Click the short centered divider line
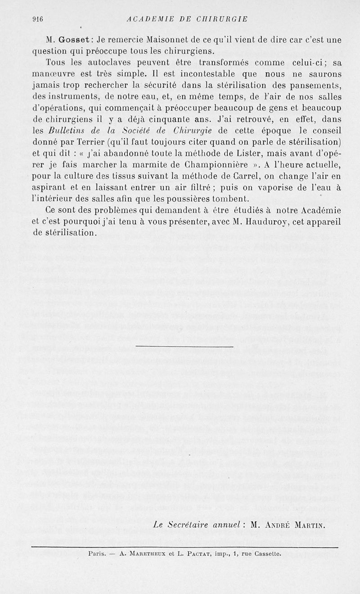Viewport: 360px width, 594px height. [184, 346]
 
